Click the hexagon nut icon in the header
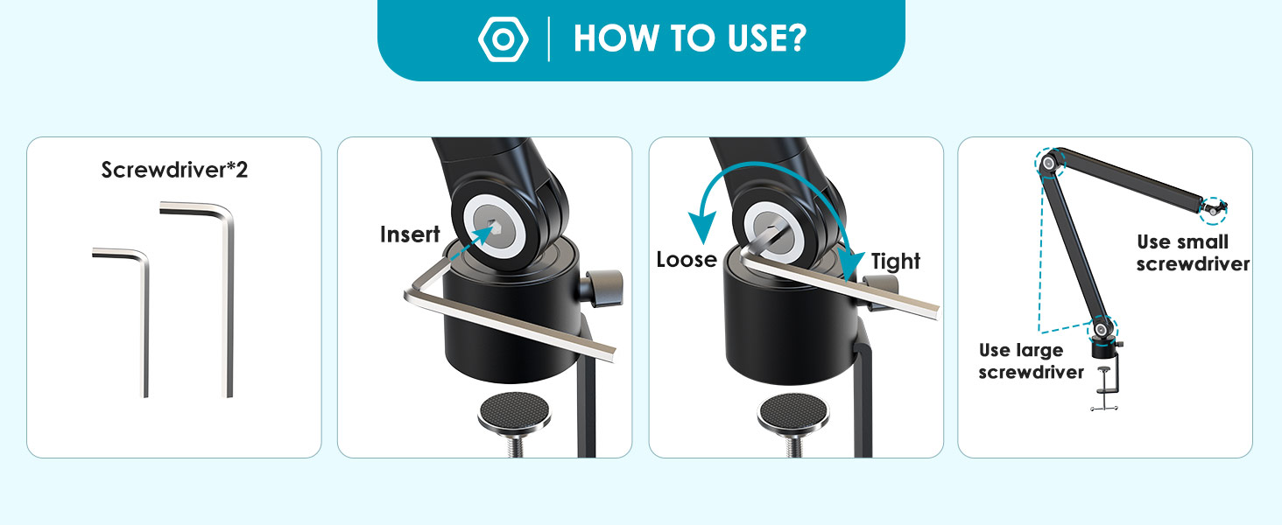(503, 38)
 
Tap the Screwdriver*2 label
(174, 170)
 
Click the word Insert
(410, 234)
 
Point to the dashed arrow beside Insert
(472, 242)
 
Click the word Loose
(687, 260)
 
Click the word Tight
(896, 262)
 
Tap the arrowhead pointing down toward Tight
(849, 265)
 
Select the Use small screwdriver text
(1193, 253)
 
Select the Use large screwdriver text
(1031, 360)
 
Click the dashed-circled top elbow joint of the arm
(1050, 164)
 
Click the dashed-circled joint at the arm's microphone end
(1213, 211)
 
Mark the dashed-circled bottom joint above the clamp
(1101, 330)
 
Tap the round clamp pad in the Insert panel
(514, 413)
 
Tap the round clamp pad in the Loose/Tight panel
(793, 413)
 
